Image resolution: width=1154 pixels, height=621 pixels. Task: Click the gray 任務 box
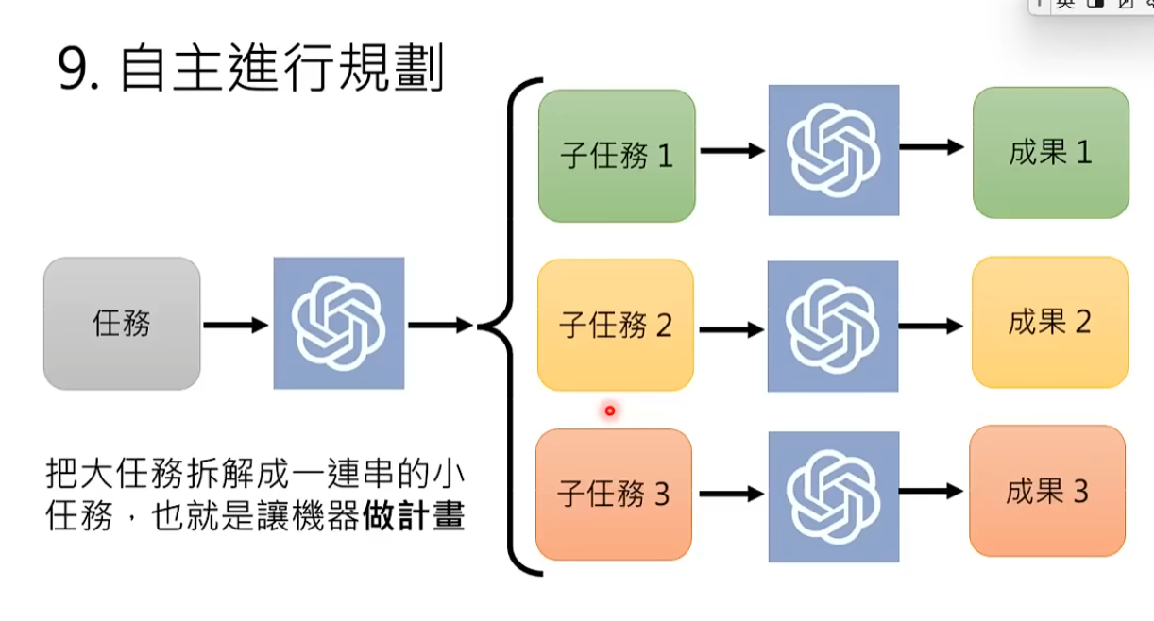pos(122,324)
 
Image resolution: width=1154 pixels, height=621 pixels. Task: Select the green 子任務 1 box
pos(617,156)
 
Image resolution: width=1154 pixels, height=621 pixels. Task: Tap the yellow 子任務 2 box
pos(616,326)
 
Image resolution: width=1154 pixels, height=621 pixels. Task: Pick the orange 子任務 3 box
pos(614,495)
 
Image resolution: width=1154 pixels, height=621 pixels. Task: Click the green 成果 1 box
pos(1051,153)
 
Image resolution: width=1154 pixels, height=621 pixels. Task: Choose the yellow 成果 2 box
pos(1050,323)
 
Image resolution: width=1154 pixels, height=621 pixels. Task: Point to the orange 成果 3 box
pos(1047,492)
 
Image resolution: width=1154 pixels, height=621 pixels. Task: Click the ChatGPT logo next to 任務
pos(339,324)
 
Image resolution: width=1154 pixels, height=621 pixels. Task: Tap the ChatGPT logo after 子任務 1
pos(834,150)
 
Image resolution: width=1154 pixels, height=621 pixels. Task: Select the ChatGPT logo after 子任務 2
pos(833,327)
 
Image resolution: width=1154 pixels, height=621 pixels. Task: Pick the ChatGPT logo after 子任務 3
pos(834,496)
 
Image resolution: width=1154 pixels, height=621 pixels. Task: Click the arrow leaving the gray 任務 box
pos(236,325)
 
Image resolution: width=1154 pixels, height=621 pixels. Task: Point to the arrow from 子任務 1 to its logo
pos(732,150)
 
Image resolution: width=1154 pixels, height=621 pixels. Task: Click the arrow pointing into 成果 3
pos(931,492)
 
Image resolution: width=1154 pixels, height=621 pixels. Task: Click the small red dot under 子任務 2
pos(610,411)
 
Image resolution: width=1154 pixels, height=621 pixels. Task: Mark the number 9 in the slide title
pos(74,70)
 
